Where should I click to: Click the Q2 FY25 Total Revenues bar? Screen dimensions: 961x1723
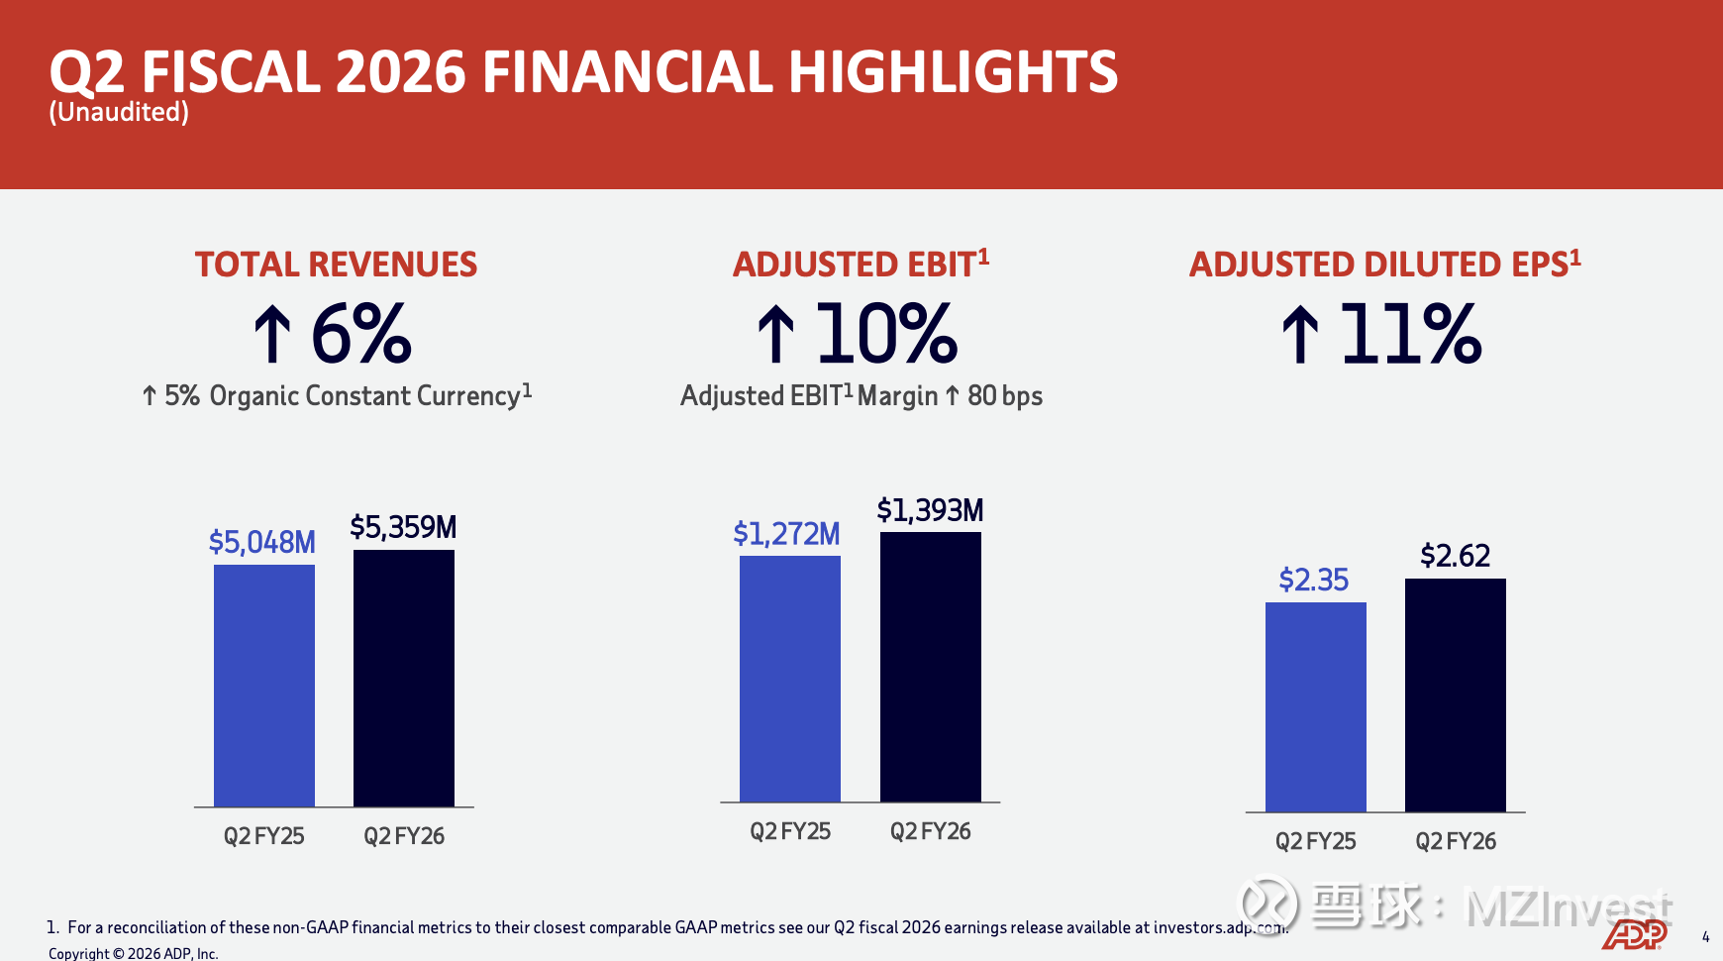(264, 686)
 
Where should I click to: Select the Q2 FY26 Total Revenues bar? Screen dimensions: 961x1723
(404, 678)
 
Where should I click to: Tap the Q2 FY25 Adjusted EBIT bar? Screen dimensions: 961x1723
(790, 679)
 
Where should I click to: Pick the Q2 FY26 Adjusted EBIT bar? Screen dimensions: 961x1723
(931, 667)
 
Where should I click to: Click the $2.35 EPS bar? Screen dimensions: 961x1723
(1316, 707)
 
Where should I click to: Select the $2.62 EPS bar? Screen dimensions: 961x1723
(1456, 695)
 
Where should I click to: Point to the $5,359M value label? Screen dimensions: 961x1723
(403, 527)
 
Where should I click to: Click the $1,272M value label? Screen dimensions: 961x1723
(786, 534)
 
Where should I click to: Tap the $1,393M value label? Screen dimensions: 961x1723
(930, 510)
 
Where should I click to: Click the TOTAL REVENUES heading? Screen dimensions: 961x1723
(336, 265)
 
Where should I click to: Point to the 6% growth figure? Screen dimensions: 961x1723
(361, 334)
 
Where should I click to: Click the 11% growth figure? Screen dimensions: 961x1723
(1410, 334)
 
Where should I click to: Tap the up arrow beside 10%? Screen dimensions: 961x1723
(776, 334)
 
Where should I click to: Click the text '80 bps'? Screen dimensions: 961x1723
(1005, 396)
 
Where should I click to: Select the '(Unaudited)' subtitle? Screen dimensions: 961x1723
(119, 112)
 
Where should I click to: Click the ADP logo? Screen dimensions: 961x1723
(1634, 934)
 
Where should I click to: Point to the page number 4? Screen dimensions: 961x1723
(1705, 936)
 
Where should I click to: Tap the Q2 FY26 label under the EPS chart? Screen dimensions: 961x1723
(1456, 841)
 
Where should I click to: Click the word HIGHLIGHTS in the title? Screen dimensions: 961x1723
(953, 72)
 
